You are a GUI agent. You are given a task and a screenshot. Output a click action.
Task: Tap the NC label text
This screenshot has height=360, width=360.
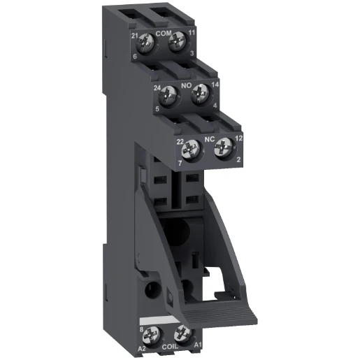(208, 138)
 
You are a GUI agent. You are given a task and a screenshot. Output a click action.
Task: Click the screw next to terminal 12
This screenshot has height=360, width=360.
(222, 147)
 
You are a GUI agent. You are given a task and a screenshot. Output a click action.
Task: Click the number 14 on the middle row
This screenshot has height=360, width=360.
(208, 84)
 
